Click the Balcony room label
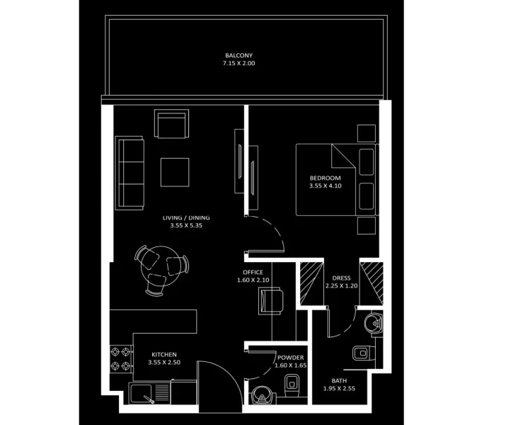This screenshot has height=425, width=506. pos(238,55)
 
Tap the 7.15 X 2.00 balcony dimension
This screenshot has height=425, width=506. pos(238,64)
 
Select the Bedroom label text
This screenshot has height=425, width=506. pos(325,178)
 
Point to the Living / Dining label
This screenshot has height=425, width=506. pos(185,217)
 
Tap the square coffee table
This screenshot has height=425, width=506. pos(175,171)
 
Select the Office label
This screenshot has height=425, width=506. pos(253,272)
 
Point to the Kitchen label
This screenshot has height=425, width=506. pos(163,354)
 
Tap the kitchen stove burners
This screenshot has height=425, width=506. pos(119,359)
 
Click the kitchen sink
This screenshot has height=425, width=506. pos(144,393)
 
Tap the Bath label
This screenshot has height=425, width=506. pos(339,380)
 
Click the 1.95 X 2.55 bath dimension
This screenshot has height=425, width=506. pos(339,389)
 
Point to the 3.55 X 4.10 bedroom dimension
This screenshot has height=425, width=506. pos(325,186)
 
